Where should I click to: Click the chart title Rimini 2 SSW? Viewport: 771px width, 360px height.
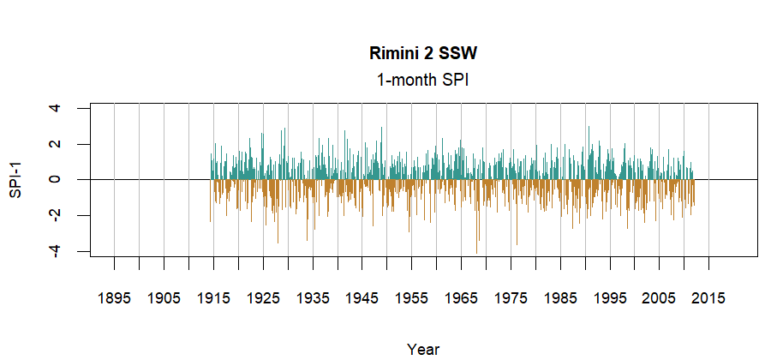423,53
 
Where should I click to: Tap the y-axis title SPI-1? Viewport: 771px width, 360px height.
15,180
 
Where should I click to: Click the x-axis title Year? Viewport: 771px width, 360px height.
423,349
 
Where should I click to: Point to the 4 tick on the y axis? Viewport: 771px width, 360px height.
56,108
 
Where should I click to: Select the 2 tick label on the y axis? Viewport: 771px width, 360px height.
56,144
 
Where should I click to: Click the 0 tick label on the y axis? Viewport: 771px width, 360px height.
56,180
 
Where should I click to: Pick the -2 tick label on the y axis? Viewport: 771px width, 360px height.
56,214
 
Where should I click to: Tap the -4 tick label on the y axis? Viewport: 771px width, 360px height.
56,250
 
